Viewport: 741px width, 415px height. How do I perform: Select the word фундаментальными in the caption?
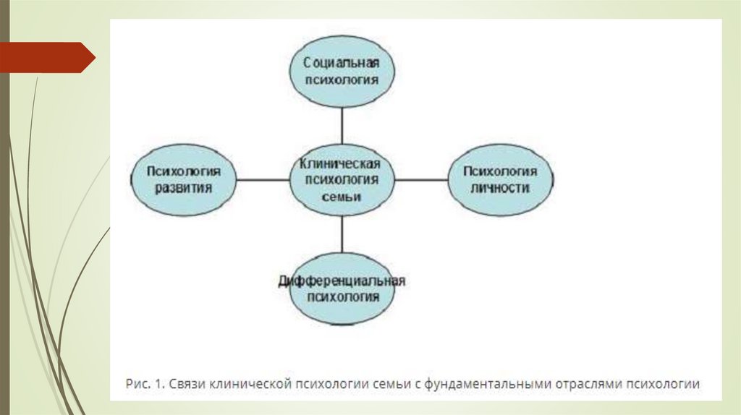(495, 384)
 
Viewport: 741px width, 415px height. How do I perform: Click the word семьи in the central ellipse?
(342, 196)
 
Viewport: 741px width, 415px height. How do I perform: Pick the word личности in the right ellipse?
(500, 188)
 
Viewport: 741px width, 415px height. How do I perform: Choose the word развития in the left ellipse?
(183, 188)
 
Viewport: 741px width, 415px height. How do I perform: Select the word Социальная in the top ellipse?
(342, 63)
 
